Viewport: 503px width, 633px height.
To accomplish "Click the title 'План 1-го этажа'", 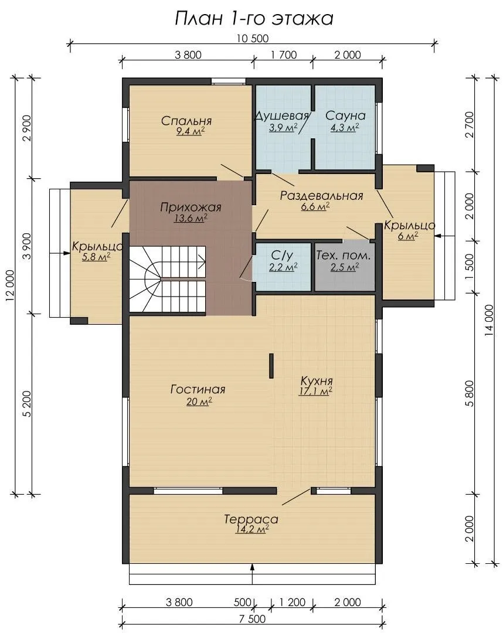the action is click(x=254, y=19).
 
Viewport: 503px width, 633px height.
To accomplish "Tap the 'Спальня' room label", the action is click(x=186, y=121).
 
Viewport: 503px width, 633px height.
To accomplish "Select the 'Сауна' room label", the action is click(x=345, y=115).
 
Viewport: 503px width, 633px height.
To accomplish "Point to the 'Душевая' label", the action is click(x=282, y=116).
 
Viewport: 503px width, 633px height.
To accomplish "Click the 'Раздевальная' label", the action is click(x=322, y=196).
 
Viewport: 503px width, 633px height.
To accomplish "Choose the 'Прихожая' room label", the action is click(x=191, y=207).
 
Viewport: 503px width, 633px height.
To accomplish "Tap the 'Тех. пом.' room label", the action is click(x=344, y=256).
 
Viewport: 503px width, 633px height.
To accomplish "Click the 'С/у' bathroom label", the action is click(x=282, y=256).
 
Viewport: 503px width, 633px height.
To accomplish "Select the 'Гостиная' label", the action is click(x=198, y=390).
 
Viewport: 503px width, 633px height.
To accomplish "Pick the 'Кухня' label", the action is click(x=317, y=381).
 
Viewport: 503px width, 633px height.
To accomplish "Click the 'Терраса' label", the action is click(x=251, y=519).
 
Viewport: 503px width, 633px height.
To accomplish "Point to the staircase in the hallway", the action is click(x=168, y=280).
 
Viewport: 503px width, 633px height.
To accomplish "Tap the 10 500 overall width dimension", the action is click(x=252, y=39).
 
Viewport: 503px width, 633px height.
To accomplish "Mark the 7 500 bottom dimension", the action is click(x=252, y=619).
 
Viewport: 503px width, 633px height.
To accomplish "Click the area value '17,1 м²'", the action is click(x=315, y=391).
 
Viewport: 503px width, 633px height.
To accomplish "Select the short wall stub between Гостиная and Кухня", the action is click(x=271, y=366).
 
